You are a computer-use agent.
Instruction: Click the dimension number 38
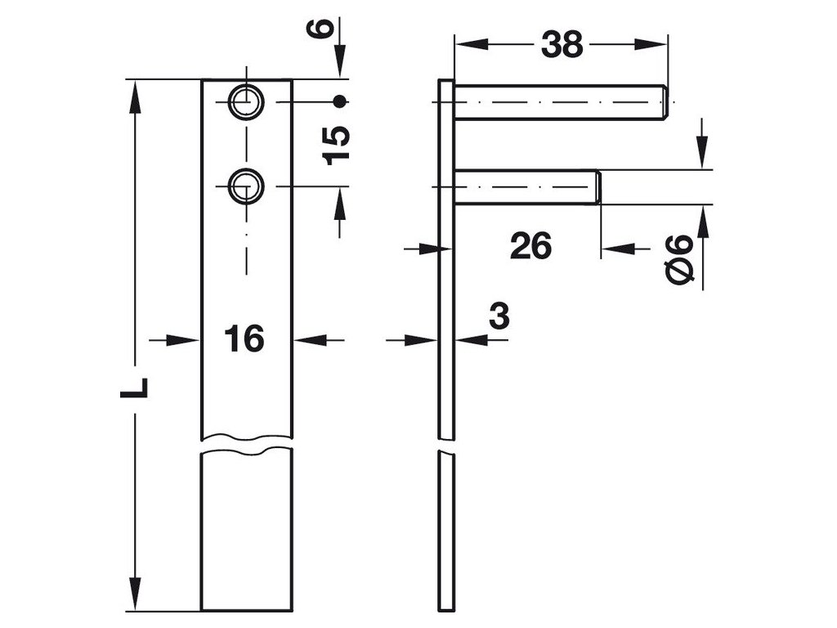tap(562, 46)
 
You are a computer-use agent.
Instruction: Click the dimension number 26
tap(530, 245)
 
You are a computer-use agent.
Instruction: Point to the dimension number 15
tap(336, 146)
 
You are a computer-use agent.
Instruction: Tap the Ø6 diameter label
tap(680, 260)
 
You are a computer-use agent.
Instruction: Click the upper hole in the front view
tap(244, 101)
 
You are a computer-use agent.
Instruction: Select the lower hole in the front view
tap(244, 186)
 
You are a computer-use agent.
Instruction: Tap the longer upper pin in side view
tap(560, 102)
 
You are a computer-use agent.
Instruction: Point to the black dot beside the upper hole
tap(341, 101)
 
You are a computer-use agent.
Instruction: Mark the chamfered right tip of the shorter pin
tap(598, 187)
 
